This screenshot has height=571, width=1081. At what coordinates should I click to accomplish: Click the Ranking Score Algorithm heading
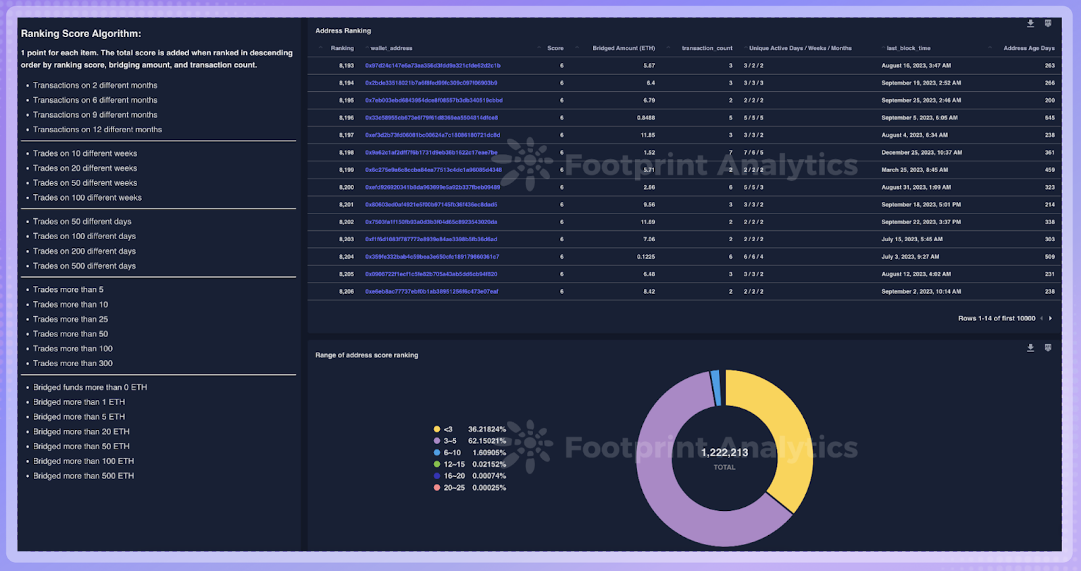pos(81,34)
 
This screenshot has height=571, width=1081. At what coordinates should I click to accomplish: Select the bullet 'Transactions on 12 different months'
pos(97,130)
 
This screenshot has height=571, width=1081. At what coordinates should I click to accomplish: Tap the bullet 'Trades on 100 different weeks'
pos(87,198)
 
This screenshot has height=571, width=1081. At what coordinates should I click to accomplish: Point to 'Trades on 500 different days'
pos(84,266)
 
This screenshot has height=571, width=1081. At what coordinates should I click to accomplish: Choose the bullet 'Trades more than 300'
pos(73,364)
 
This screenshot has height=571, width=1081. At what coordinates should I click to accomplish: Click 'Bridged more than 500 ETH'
pos(83,476)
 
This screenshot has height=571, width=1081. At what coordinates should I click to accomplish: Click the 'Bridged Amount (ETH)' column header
pos(624,49)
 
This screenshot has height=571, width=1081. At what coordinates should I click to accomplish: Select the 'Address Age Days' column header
pos(1028,49)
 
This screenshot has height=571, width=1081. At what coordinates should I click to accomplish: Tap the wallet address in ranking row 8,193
pos(432,66)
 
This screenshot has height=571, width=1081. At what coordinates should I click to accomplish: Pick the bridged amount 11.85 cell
pos(647,135)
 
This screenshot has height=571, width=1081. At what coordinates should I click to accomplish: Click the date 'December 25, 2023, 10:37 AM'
pos(922,153)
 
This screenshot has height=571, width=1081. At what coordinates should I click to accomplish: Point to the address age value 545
pos(1049,118)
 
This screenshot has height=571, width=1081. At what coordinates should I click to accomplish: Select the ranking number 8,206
pos(346,292)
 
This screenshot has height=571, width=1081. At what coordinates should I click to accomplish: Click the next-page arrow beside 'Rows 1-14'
pos(1050,318)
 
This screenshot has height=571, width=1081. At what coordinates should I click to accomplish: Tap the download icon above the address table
pos(1030,24)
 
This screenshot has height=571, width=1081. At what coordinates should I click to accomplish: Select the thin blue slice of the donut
pos(715,388)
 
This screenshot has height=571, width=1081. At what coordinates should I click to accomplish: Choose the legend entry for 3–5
pos(450,441)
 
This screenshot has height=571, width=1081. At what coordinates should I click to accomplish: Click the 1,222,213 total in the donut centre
pos(724,453)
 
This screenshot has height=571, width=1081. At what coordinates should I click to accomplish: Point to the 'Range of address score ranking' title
pos(367,355)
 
